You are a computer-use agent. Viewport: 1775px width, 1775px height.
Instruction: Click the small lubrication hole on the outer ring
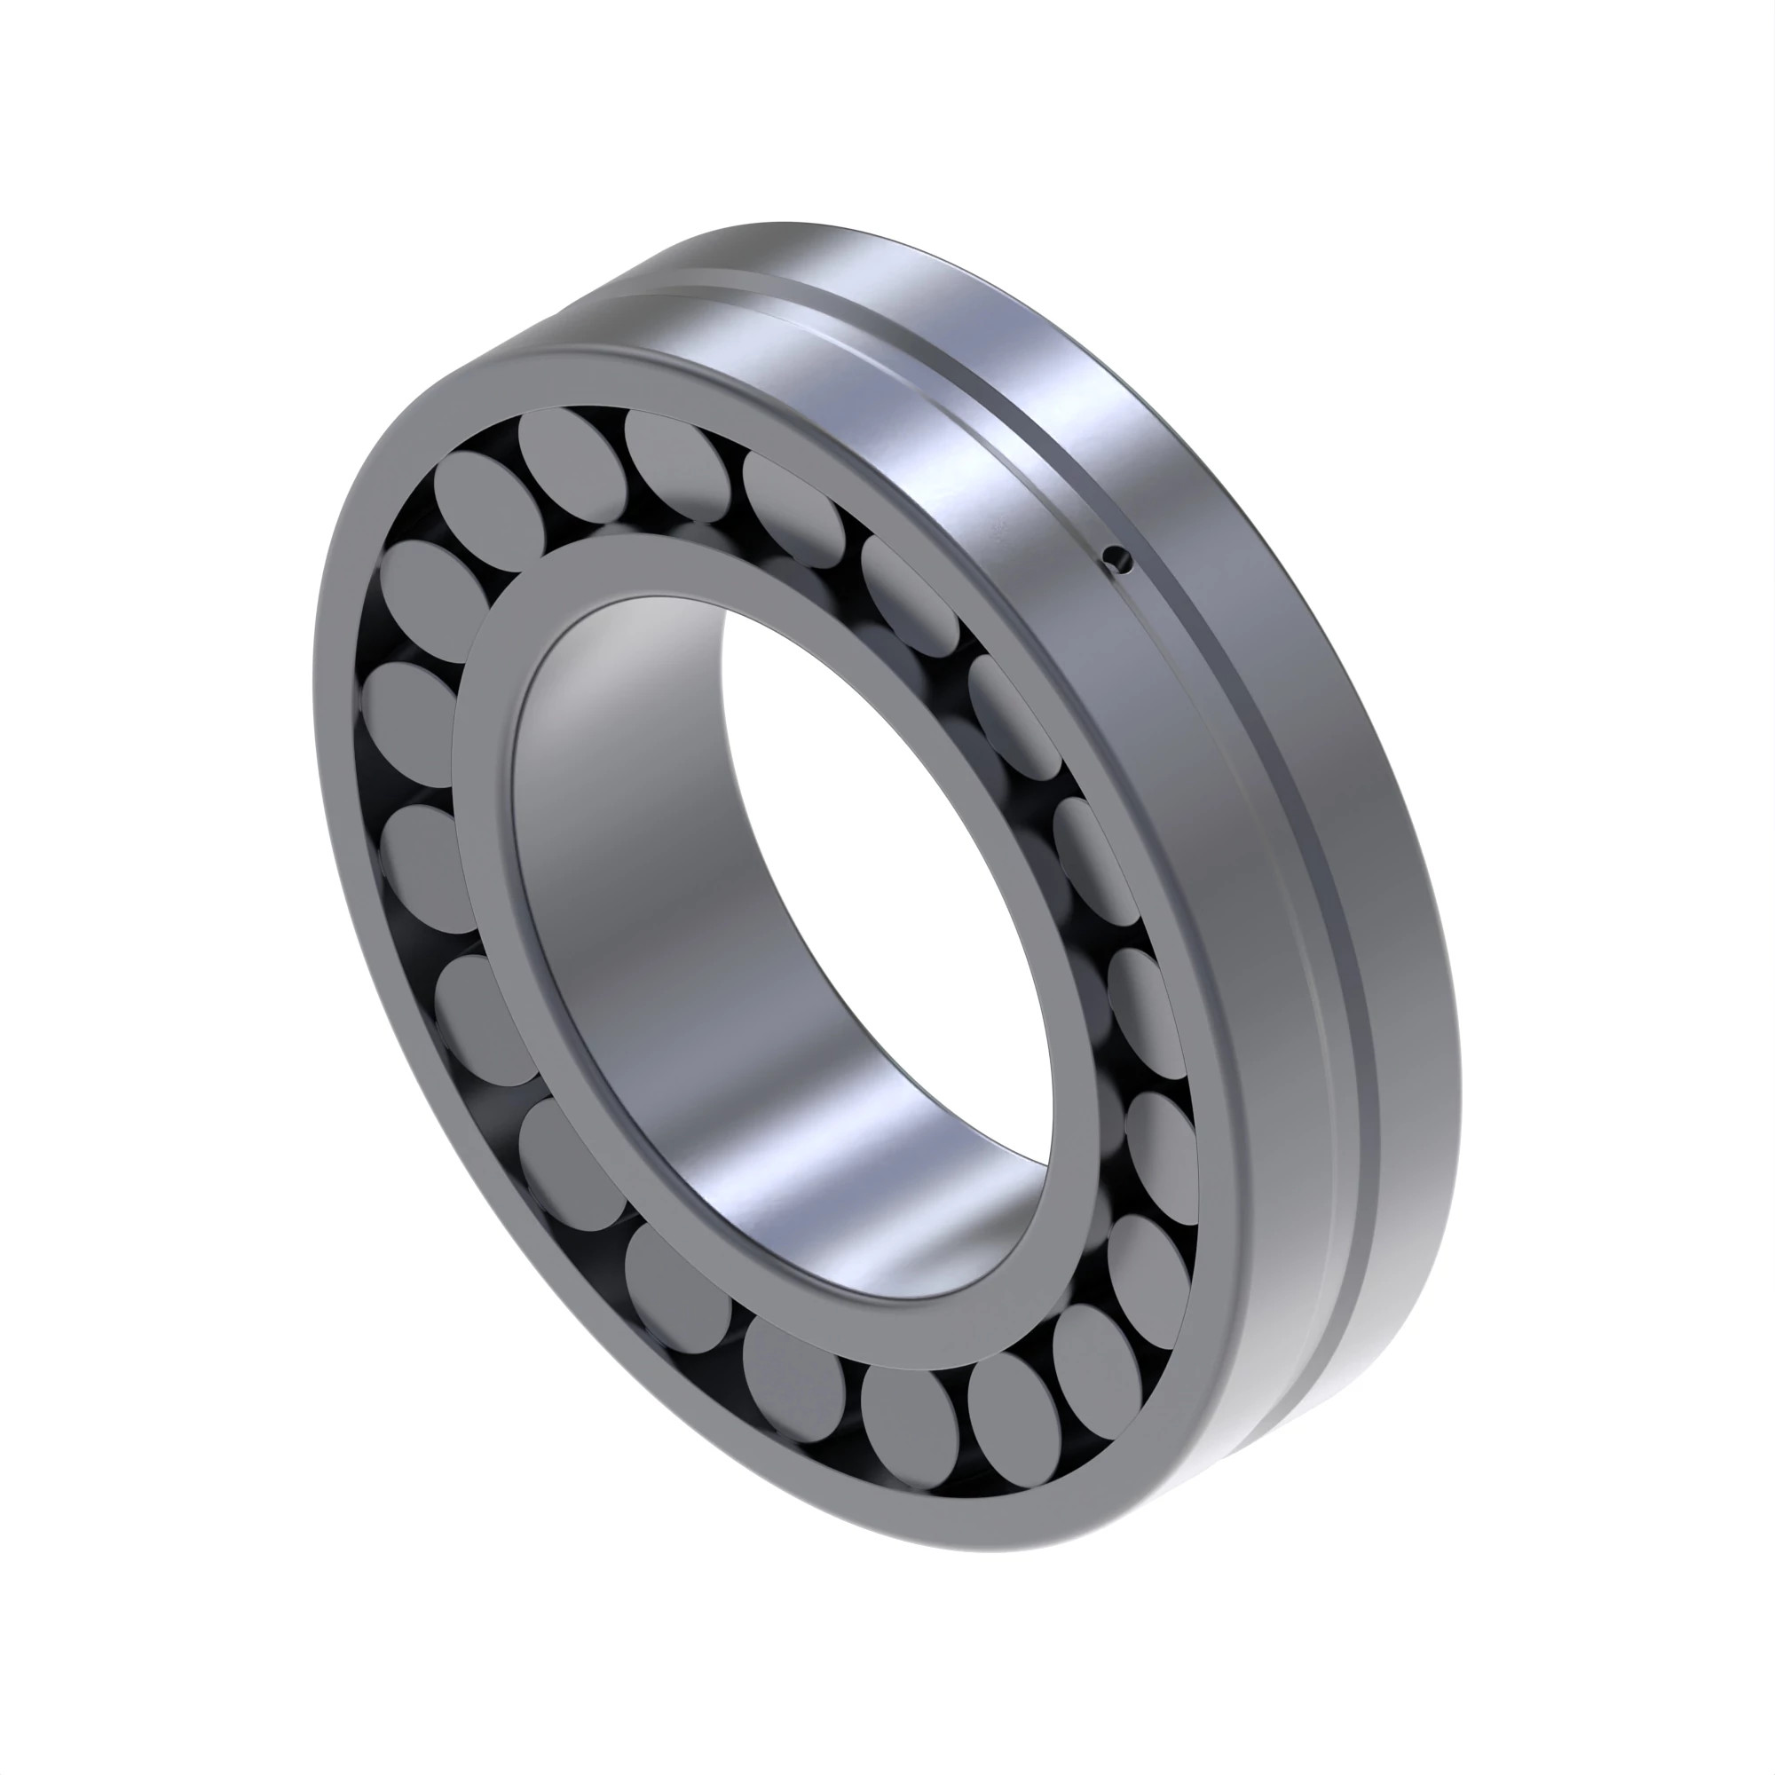tap(1117, 556)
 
